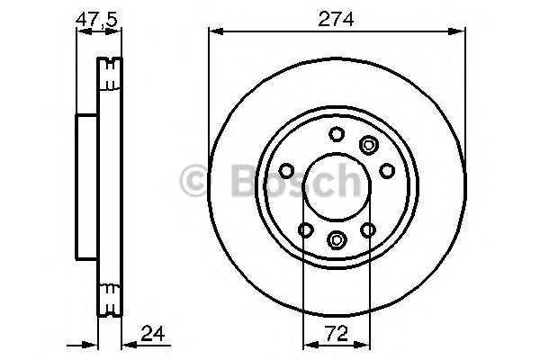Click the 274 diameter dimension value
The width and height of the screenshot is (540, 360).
[x=336, y=19]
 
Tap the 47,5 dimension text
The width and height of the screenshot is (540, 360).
[x=96, y=20]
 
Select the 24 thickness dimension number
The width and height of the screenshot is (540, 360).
[x=153, y=333]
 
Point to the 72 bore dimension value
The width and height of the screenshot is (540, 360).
[x=337, y=334]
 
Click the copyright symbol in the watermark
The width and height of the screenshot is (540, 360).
[x=194, y=181]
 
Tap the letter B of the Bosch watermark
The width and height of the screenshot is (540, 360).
[x=245, y=180]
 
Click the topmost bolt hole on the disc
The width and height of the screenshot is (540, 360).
[x=337, y=134]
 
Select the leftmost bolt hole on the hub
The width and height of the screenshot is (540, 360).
[x=286, y=170]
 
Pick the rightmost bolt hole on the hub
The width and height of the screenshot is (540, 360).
[x=387, y=170]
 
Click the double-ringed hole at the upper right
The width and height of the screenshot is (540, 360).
[x=368, y=145]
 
